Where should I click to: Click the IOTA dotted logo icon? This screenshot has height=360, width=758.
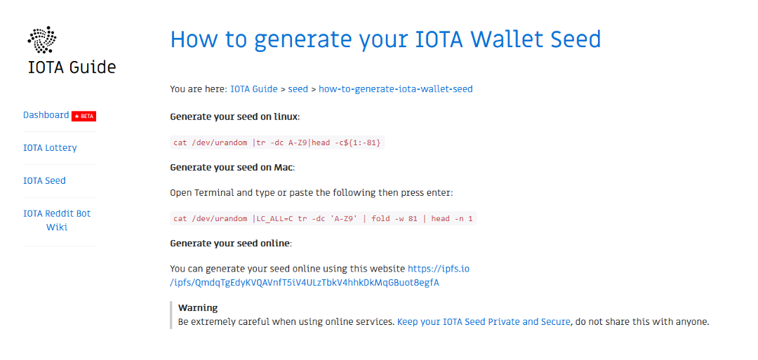click(41, 40)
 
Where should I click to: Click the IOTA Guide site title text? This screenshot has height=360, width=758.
click(72, 67)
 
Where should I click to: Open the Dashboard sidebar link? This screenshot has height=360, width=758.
click(46, 115)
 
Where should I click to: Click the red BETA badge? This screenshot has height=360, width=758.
click(84, 116)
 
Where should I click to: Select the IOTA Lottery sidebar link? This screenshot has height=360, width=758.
click(50, 148)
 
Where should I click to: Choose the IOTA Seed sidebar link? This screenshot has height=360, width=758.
click(44, 180)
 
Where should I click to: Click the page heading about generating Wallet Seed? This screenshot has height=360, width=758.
click(385, 39)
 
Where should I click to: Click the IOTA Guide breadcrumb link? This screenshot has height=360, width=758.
click(253, 89)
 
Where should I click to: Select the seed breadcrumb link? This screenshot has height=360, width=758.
click(298, 89)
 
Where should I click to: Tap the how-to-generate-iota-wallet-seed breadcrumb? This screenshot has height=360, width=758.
click(395, 89)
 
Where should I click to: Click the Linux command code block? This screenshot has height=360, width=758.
click(277, 142)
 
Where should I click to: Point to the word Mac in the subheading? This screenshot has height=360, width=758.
click(284, 168)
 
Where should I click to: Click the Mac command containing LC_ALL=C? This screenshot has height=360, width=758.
click(323, 218)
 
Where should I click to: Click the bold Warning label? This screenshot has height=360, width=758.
click(198, 308)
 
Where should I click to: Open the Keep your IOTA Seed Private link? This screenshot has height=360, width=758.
click(484, 322)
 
